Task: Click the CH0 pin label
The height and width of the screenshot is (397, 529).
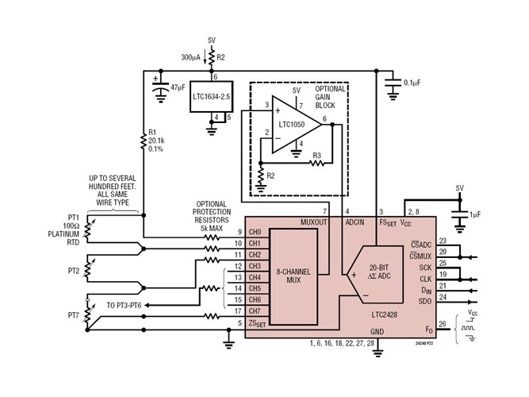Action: point(255,232)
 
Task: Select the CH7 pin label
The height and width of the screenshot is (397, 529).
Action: point(255,310)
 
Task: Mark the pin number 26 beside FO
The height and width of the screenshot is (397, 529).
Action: point(442,323)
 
